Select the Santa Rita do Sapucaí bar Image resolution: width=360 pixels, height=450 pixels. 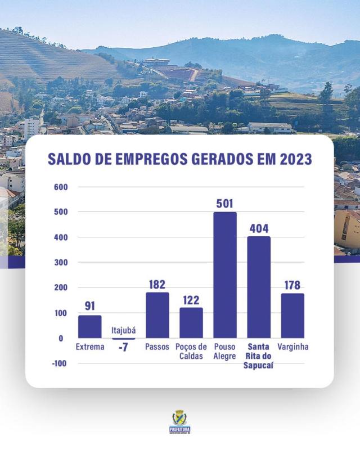[259, 287]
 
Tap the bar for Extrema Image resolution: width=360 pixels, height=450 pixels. [90, 326]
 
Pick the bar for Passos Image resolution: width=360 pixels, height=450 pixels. [157, 315]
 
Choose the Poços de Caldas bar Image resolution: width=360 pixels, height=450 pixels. [191, 322]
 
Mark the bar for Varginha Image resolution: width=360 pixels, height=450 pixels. [292, 316]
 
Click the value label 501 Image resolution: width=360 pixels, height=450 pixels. [225, 204]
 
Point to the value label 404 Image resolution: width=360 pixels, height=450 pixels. [259, 228]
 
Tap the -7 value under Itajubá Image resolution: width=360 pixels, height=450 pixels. [123, 347]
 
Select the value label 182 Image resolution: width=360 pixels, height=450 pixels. [157, 284]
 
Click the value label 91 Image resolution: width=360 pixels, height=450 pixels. [90, 307]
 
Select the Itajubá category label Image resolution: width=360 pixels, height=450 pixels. [124, 331]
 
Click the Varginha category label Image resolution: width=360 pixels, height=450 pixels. [293, 346]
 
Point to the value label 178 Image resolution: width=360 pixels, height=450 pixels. [292, 285]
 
